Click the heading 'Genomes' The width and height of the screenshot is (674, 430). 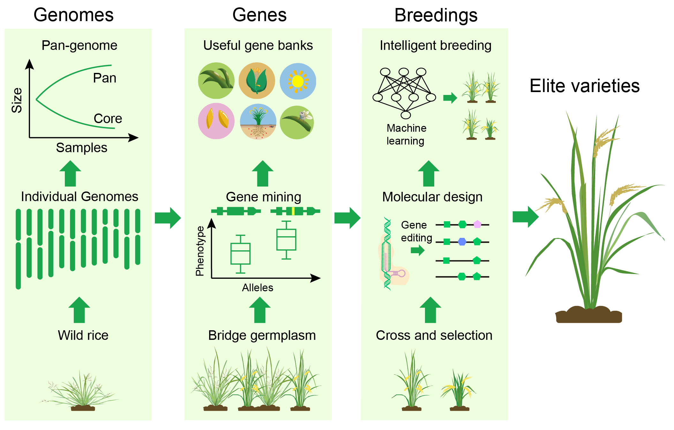(73, 15)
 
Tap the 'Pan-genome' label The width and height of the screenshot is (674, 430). (79, 45)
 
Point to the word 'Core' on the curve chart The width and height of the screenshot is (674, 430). (108, 119)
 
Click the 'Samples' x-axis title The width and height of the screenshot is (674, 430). (81, 148)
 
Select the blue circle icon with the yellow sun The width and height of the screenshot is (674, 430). (298, 81)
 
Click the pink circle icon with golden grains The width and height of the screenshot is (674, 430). (216, 121)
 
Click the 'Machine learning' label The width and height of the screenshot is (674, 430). (406, 135)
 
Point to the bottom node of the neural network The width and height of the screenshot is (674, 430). (405, 115)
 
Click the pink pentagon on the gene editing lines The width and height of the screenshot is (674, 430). (477, 224)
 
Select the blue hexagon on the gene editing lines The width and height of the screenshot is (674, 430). (462, 242)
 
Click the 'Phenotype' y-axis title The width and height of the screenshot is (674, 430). (200, 251)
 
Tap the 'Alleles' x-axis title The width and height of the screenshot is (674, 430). (257, 288)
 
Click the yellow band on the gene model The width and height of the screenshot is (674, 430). (293, 211)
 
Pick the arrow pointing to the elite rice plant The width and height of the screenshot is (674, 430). (526, 217)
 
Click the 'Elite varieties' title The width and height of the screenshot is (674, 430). (585, 86)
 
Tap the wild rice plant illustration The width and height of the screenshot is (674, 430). (80, 390)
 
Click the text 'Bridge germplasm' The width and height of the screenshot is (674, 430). (262, 335)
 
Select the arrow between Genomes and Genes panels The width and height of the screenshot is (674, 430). (168, 218)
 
